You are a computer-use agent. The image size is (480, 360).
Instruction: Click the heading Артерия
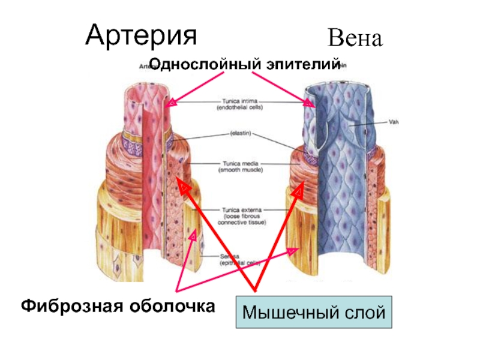(x=141, y=35)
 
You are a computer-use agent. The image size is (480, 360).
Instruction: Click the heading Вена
(x=355, y=40)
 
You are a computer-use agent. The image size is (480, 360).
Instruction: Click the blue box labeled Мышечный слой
(x=314, y=312)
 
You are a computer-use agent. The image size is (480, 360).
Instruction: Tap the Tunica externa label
(x=240, y=209)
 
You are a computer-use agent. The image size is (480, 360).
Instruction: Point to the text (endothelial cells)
(x=239, y=109)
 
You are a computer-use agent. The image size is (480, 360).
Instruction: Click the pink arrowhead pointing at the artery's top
(x=172, y=102)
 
